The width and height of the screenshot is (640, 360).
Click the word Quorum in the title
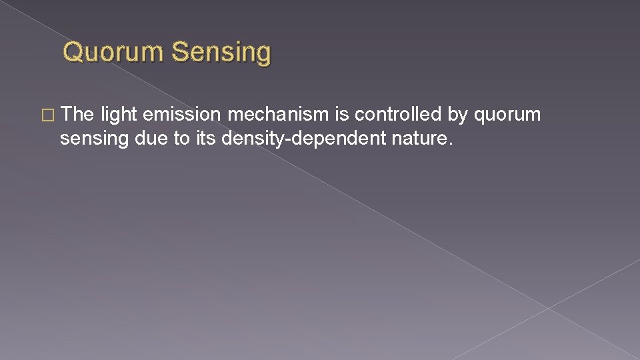pos(113,52)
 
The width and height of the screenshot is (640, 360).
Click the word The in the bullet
pos(79,115)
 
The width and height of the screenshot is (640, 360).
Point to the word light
pos(119,115)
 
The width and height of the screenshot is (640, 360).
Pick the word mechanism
pos(278,115)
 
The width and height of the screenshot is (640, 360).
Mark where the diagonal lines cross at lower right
pos(548,308)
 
